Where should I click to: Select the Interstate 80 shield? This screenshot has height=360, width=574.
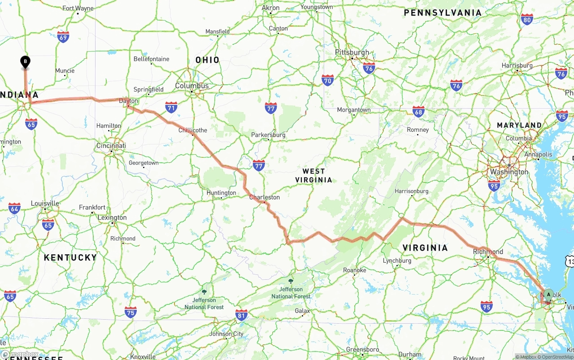tap(527, 19)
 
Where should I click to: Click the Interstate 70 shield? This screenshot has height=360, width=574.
tap(328, 81)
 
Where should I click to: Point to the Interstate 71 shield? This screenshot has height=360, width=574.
tap(171, 107)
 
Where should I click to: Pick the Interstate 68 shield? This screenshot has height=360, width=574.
tap(418, 112)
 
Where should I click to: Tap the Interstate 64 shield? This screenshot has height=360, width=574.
tap(14, 208)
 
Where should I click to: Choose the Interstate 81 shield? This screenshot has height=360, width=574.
tap(241, 315)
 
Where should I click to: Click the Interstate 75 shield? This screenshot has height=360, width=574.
tap(130, 312)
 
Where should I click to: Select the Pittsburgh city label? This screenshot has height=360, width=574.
tap(352, 52)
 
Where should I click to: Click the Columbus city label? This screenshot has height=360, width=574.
tap(191, 86)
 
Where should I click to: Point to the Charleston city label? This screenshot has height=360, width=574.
tap(264, 197)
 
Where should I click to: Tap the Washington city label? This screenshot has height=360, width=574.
tap(509, 172)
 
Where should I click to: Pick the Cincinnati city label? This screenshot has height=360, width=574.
tap(111, 146)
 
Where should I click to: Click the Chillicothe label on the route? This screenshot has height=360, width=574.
tap(193, 130)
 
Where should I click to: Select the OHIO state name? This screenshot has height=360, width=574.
tap(207, 60)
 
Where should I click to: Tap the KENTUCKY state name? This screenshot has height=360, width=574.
tap(70, 257)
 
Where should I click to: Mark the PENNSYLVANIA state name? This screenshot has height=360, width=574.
tap(443, 13)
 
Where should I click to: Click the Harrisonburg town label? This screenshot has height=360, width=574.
tap(411, 191)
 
